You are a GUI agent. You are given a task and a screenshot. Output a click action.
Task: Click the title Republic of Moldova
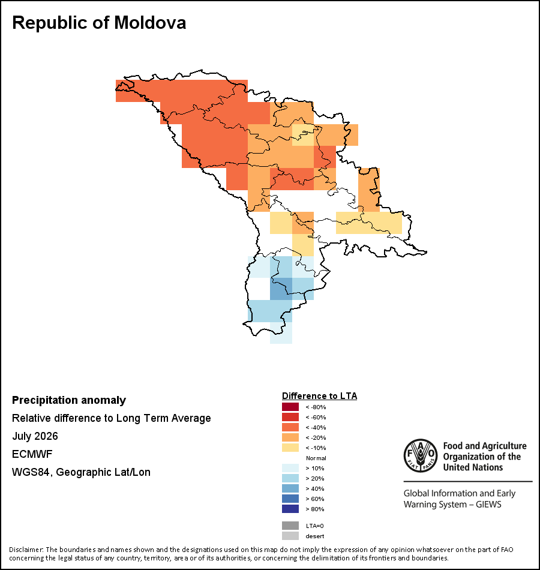99,23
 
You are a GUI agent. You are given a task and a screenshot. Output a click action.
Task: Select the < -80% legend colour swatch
290,407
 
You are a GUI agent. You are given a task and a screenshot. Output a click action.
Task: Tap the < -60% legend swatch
290,417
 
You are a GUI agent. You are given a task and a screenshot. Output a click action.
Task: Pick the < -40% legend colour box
290,427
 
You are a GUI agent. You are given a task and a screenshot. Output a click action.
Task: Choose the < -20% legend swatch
290,437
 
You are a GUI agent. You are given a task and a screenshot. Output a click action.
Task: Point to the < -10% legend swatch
290,448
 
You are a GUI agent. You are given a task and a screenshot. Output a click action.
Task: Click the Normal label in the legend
316,458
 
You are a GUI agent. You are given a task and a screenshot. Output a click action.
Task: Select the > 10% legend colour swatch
290,468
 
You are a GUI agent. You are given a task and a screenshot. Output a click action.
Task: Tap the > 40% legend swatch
290,488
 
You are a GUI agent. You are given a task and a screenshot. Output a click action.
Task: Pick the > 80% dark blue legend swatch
290,509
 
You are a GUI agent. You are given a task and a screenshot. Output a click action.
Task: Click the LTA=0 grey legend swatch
290,526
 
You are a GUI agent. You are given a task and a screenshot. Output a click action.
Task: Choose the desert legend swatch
290,536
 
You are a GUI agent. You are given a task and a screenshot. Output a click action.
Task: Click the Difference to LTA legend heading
319,396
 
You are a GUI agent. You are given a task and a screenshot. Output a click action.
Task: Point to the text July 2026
35,436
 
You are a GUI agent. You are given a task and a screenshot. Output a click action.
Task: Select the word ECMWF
32,454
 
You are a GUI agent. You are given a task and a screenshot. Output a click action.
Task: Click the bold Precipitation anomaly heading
69,400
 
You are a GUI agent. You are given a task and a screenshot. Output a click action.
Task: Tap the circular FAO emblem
421,456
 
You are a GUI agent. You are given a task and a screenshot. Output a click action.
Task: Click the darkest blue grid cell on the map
281,289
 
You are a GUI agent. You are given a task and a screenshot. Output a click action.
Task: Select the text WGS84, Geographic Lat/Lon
81,472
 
